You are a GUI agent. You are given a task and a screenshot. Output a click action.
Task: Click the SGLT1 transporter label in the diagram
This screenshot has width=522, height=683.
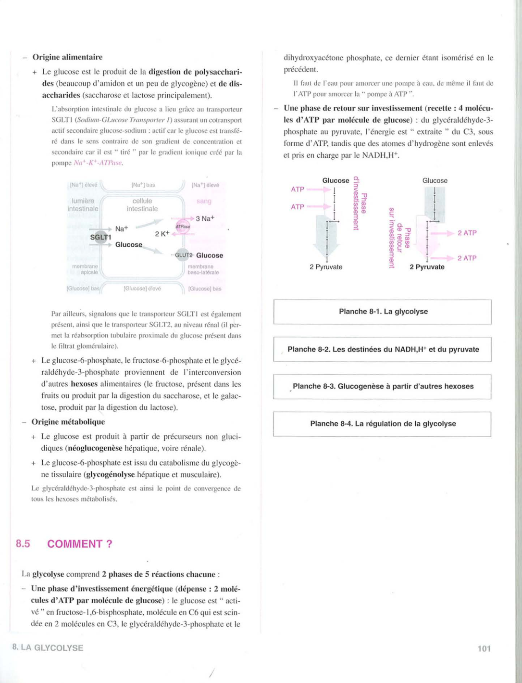pos(100,237)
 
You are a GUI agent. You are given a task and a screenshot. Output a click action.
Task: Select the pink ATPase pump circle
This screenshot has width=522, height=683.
pos(183,227)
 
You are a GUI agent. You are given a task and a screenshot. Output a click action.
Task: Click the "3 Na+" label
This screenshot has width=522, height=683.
pos(205,218)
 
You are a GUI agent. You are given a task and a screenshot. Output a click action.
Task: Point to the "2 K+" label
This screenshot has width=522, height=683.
pos(162,234)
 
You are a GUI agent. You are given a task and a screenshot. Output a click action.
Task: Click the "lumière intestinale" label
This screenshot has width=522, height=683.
pos(83,205)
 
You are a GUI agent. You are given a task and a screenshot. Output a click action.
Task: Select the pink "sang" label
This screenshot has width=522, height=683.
pos(204,201)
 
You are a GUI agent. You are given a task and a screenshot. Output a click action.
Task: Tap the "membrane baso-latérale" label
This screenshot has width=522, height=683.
pos(203,269)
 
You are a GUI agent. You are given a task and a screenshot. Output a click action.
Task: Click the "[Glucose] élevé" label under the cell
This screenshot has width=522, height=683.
pos(142,289)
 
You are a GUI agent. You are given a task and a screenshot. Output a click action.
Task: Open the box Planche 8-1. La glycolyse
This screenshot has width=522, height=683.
pos(383,312)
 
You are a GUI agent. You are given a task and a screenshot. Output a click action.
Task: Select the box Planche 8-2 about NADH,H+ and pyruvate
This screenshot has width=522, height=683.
pos(383,349)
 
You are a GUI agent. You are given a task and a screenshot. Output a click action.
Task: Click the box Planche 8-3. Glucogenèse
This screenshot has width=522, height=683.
pos(383,386)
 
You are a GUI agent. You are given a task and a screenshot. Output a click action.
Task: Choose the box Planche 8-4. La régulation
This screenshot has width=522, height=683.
pos(383,424)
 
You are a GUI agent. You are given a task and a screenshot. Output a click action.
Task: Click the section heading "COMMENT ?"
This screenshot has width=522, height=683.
pos(80,544)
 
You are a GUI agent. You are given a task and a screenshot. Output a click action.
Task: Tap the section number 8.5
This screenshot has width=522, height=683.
pos(23,544)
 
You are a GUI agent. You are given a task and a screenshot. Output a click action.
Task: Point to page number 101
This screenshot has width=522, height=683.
pos(484,648)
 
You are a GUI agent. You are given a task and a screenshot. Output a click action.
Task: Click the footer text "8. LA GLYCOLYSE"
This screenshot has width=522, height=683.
pos(48,648)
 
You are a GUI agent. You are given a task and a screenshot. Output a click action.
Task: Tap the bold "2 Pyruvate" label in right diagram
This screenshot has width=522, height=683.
pos(427,267)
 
